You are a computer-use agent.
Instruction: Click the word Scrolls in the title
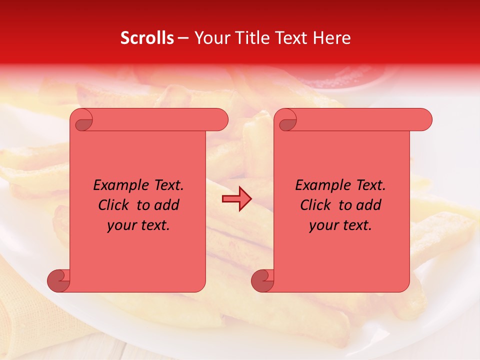(x=147, y=38)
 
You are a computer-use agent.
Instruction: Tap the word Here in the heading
(x=332, y=38)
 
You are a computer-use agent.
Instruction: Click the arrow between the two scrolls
(x=236, y=199)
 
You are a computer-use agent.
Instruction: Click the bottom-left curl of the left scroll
(x=58, y=280)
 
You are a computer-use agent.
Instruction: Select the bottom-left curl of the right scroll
(x=262, y=280)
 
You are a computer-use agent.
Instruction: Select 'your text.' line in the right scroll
(x=340, y=225)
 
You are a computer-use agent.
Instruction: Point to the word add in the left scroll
(x=167, y=205)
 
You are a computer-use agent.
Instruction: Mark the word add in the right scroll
(x=369, y=205)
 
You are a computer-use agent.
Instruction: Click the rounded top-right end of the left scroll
(x=220, y=119)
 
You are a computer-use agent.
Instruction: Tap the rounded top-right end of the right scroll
(x=424, y=119)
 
